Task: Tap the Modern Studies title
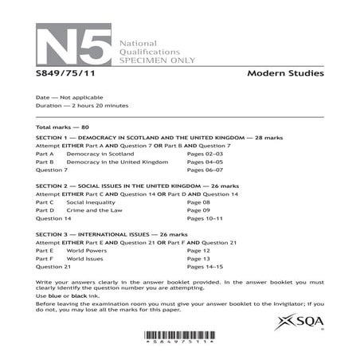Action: [x=284, y=75]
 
